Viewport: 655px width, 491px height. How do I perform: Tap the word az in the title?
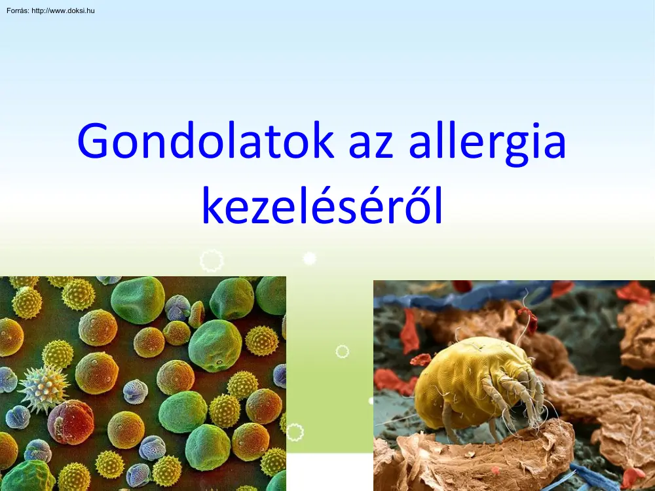tap(370, 142)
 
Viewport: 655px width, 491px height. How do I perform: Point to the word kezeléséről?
tap(322, 208)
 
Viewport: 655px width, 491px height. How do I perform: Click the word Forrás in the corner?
tap(16, 11)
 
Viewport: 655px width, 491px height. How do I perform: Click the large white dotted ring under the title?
tap(211, 261)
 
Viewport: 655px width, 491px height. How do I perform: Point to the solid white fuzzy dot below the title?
tap(310, 259)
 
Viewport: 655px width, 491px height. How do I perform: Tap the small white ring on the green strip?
tap(342, 352)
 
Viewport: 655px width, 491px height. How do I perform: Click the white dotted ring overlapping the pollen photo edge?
tap(295, 432)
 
